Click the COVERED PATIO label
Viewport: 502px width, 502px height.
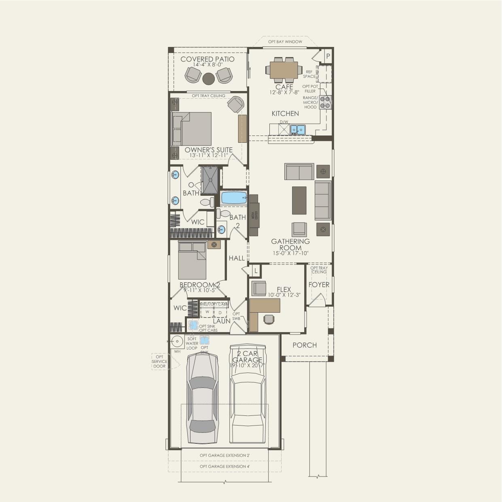coord(207,59)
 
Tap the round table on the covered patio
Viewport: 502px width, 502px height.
coord(208,78)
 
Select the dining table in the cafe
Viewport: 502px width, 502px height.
coord(284,70)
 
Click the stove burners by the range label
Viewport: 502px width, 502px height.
coord(325,102)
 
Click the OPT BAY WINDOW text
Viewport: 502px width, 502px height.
coord(285,42)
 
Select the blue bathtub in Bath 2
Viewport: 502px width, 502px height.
coord(234,198)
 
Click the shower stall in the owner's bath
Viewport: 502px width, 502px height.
coord(210,180)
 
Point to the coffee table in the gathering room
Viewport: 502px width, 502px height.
coord(299,200)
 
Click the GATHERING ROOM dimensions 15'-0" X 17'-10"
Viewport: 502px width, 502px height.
coord(290,253)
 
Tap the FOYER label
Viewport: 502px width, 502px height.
coord(319,285)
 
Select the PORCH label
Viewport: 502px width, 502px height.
coord(305,345)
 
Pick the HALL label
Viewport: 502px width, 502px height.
coord(237,258)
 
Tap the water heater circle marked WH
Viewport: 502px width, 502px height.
coord(177,341)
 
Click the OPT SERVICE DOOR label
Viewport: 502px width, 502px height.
coord(159,362)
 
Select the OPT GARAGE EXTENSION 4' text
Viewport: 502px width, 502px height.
coord(225,466)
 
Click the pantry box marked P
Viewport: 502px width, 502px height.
coord(328,56)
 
